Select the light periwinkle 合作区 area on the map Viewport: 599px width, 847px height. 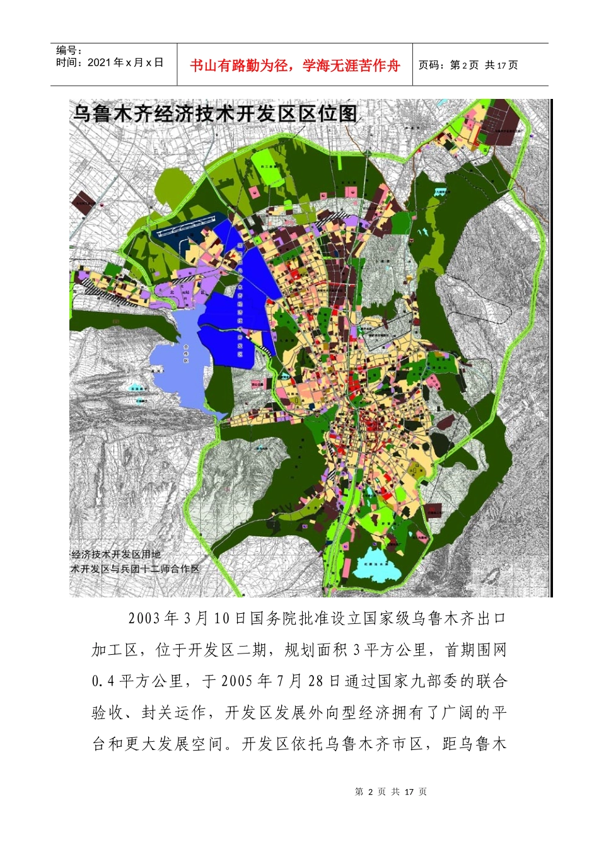178,359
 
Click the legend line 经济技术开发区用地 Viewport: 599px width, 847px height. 116,555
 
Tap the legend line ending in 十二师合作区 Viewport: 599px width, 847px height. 135,568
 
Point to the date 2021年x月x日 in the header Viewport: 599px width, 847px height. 110,62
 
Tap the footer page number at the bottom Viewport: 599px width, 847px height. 391,792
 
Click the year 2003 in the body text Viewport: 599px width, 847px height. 144,618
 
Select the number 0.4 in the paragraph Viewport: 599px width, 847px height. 103,681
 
